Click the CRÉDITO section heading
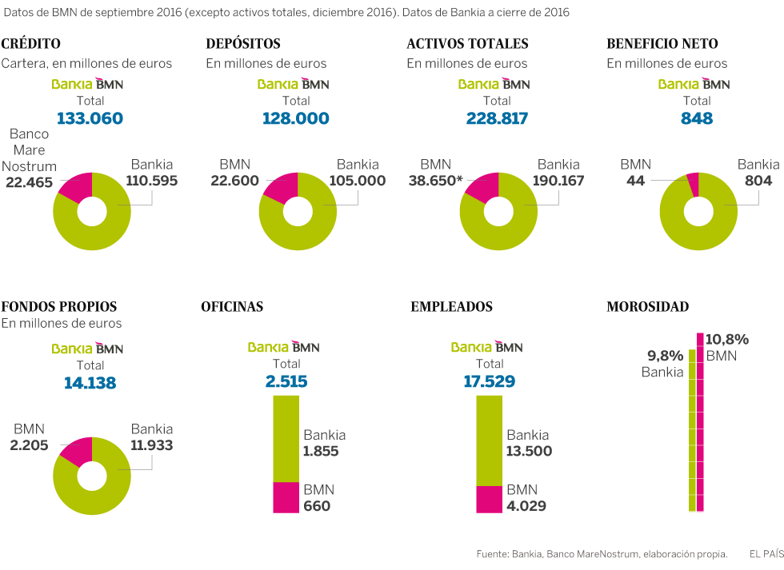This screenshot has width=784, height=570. (31, 44)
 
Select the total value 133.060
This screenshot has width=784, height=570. (90, 118)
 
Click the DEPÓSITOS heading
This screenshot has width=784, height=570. (243, 44)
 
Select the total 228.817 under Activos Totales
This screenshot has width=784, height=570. (497, 118)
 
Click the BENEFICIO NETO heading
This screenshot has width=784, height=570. (662, 44)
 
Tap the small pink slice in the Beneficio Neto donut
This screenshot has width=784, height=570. (694, 184)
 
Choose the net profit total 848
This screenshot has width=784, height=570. (697, 118)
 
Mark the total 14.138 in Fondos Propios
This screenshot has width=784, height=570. (90, 383)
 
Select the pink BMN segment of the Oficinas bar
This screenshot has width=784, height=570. (286, 496)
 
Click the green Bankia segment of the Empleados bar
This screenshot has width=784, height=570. (489, 440)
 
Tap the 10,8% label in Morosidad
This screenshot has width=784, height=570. (727, 339)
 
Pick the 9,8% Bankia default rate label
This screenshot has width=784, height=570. (664, 356)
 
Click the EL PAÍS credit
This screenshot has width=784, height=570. (766, 553)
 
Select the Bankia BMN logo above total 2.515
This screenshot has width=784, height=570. (283, 347)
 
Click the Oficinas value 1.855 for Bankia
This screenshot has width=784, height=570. (321, 451)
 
